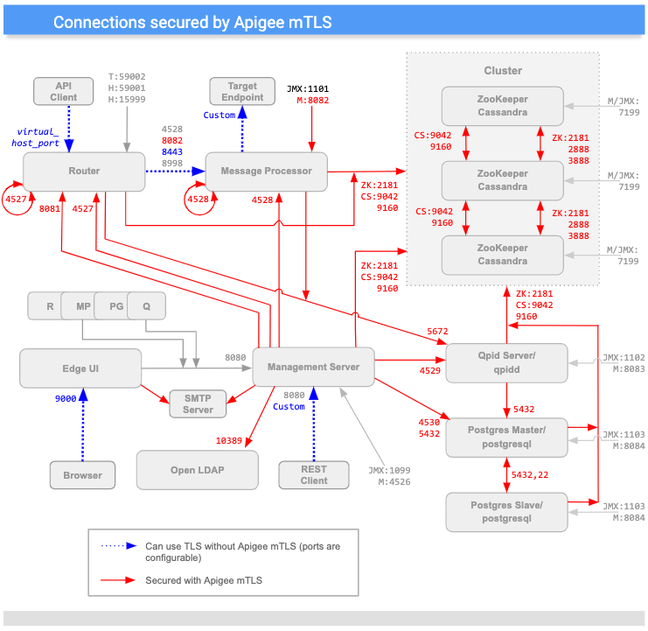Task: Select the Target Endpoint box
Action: (243, 92)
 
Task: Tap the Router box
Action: (84, 172)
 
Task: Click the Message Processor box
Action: (265, 172)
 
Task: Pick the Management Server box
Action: (313, 367)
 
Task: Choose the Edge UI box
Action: (80, 368)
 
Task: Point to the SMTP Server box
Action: (198, 403)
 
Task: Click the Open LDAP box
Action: (198, 470)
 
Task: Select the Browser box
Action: (82, 475)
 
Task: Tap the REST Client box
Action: (314, 475)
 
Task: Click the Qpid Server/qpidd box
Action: (506, 362)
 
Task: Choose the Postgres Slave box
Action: (506, 512)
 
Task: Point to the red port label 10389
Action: (233, 439)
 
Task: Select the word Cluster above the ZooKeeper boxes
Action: (503, 70)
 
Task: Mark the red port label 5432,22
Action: (531, 473)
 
